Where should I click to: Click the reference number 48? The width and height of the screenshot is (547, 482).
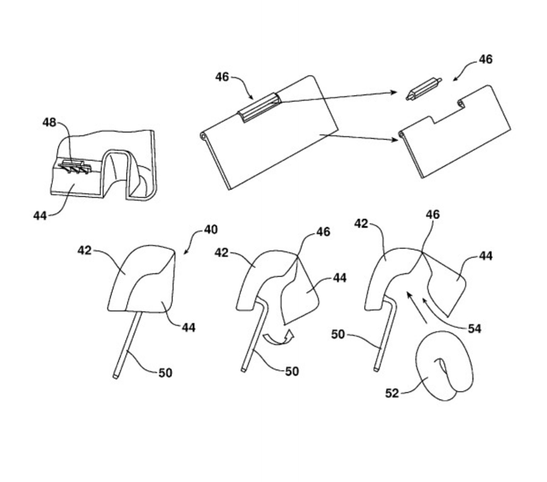(x=49, y=123)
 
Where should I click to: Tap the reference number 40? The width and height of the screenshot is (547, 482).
(x=211, y=229)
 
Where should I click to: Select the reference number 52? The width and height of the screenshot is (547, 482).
(x=392, y=393)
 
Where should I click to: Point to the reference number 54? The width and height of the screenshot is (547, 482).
(x=475, y=329)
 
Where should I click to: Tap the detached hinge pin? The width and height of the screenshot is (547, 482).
(x=424, y=89)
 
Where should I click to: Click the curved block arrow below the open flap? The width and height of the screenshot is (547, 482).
(x=278, y=338)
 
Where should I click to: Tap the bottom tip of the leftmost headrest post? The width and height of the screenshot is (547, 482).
(x=115, y=377)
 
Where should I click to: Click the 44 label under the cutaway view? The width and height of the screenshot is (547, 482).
(x=40, y=216)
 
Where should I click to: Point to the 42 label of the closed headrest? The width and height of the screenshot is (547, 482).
(x=85, y=251)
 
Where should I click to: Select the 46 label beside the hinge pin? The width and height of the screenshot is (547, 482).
(x=485, y=59)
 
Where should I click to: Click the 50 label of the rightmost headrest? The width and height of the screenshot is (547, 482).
(x=338, y=335)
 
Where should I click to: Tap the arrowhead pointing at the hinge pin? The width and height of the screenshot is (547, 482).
(x=394, y=92)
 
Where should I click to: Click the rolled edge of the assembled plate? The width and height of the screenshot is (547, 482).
(x=203, y=137)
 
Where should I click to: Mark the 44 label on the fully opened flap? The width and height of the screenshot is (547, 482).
(x=485, y=256)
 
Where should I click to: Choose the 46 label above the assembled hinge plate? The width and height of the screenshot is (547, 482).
(x=222, y=77)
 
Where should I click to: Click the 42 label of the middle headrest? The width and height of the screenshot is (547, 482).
(x=221, y=252)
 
